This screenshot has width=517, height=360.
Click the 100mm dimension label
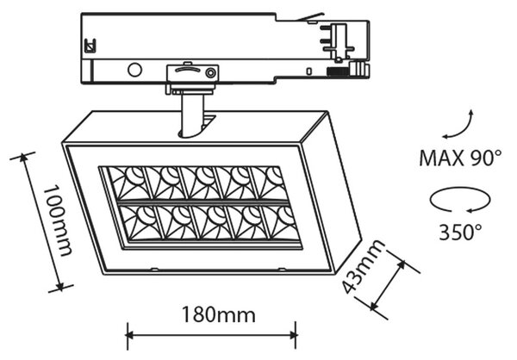[58, 220]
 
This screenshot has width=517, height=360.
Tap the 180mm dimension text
[219, 315]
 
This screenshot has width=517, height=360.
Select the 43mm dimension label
[364, 266]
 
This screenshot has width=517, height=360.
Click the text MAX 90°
[460, 158]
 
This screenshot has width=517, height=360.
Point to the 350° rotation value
[460, 232]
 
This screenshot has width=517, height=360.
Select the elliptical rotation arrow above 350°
[460, 200]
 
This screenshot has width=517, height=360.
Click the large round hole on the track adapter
[134, 70]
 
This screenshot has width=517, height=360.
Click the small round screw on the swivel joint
[210, 73]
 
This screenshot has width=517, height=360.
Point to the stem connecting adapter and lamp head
[192, 115]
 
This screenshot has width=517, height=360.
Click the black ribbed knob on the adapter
[337, 71]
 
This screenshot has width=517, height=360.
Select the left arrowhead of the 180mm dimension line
[130, 336]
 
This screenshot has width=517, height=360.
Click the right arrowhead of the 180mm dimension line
[293, 336]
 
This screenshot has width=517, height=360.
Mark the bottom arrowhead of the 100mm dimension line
[59, 286]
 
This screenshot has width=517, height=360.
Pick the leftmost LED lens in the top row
[128, 183]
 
